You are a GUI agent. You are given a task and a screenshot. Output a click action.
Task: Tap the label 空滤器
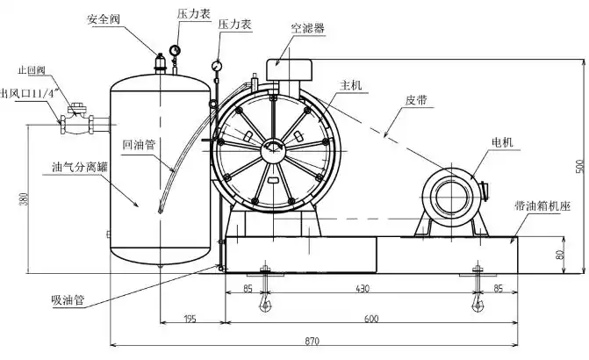click(308, 28)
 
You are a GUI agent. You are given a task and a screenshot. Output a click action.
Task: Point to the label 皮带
click(417, 100)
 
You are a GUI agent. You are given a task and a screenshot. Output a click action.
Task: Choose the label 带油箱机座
click(543, 206)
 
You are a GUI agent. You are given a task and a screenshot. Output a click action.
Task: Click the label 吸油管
click(68, 299)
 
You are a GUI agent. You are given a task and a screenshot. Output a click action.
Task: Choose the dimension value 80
click(559, 255)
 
